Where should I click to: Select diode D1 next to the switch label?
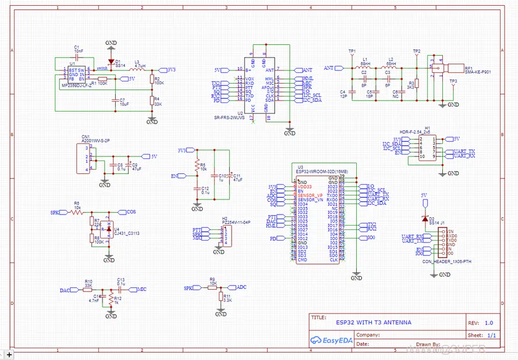click(x=111, y=62)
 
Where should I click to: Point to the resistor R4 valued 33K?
click(x=152, y=101)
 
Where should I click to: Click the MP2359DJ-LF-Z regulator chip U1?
click(x=76, y=77)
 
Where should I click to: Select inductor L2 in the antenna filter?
click(x=391, y=67)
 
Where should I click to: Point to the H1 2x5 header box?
click(x=427, y=147)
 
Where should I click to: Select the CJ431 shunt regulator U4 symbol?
click(x=108, y=229)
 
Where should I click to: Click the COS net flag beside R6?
click(x=130, y=212)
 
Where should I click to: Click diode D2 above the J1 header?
click(x=424, y=218)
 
